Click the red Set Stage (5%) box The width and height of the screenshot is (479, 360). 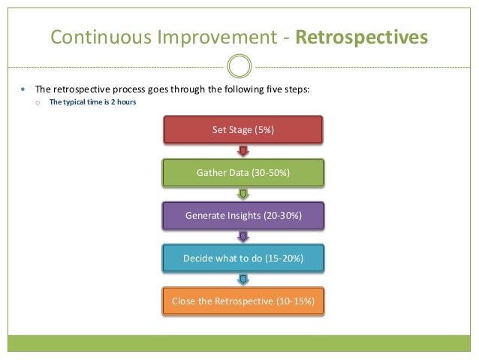[x=243, y=130]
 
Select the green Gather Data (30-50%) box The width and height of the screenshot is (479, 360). [x=243, y=173]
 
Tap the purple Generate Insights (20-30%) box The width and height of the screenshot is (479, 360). [x=243, y=216]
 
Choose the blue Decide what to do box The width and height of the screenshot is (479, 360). [x=243, y=259]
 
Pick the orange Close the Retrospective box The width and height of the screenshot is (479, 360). [x=243, y=301]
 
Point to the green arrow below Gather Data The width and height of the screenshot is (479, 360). [x=243, y=195]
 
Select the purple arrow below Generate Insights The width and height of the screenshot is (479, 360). [x=243, y=237]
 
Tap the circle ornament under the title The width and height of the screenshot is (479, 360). [x=239, y=66]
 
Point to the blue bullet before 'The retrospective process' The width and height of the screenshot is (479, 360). [x=23, y=89]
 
